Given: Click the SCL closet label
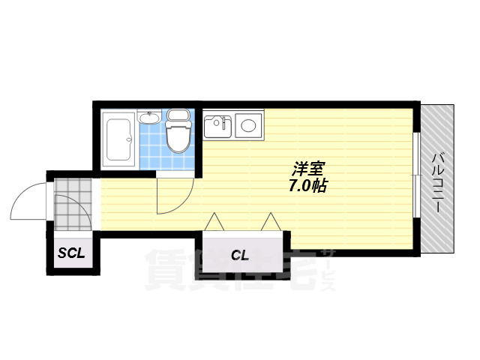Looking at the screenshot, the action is (x=71, y=253).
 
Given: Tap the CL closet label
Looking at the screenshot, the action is (x=240, y=255).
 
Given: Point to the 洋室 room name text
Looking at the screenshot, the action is (x=308, y=169).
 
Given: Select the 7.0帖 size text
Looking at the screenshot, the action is (x=308, y=186).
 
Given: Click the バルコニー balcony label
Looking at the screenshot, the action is (x=436, y=183).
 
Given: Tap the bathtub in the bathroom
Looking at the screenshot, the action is (x=118, y=139).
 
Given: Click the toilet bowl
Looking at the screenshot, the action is (x=178, y=136).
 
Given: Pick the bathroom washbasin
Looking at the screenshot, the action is (x=149, y=117).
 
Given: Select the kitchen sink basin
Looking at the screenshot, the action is (x=217, y=127).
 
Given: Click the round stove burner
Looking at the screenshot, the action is (x=248, y=125).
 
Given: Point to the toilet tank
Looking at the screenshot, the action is (x=178, y=115).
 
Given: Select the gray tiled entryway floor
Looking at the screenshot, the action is (x=73, y=205).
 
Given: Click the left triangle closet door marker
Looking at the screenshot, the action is (x=214, y=221).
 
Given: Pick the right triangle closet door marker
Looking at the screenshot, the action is (x=271, y=221).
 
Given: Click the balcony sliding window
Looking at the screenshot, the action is (x=415, y=175).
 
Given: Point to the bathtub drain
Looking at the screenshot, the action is (x=129, y=140).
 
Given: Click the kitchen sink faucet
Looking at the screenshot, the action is (x=224, y=121).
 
